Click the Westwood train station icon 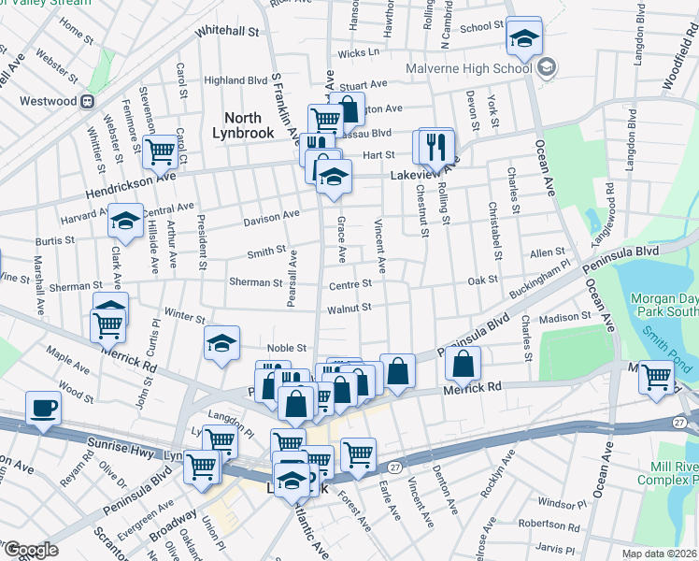(x=86, y=100)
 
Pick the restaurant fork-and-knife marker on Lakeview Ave (x=435, y=147)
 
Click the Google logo (x=30, y=550)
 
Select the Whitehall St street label (x=226, y=31)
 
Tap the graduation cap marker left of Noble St (x=221, y=344)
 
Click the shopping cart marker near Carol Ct (x=162, y=150)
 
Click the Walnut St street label (x=349, y=307)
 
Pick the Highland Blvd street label (x=235, y=80)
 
